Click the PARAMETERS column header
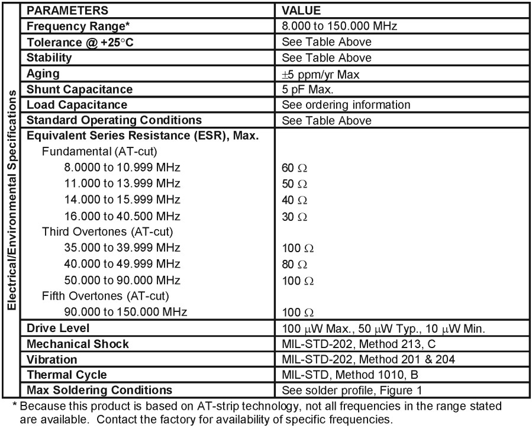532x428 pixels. pos(67,11)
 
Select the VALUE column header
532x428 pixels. pos(301,11)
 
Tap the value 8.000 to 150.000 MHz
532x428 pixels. pos(339,26)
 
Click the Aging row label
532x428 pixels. pos(43,73)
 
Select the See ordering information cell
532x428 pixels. pos(346,105)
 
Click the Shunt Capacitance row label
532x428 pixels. pos(79,89)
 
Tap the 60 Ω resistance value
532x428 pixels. pos(295,168)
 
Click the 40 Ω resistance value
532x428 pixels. pos(295,200)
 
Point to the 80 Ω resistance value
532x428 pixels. pos(295,264)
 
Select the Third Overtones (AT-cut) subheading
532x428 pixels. pos(107,231)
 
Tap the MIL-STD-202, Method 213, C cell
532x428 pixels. pos(359,344)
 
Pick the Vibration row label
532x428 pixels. pos(52,359)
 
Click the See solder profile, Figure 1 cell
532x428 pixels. pos(352,390)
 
